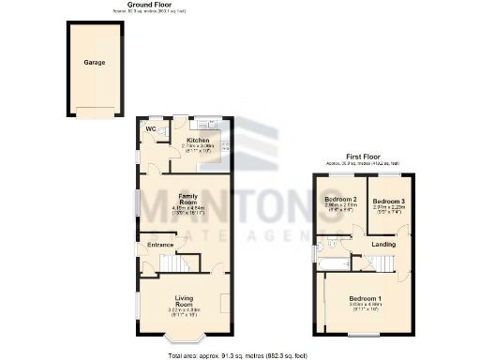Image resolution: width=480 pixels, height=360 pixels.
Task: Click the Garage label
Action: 94,63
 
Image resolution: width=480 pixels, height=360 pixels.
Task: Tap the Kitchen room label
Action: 198,140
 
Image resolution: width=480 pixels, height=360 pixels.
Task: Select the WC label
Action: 149,129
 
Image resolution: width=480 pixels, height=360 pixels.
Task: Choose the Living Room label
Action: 183,303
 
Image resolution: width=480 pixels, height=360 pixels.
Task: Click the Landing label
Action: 383,246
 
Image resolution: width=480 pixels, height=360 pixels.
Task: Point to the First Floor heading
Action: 364,157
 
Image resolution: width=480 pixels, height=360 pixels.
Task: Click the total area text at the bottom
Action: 236,355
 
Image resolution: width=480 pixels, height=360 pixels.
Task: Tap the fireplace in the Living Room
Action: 225,302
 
